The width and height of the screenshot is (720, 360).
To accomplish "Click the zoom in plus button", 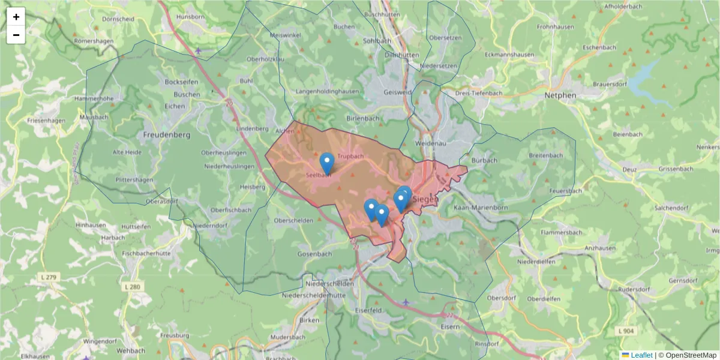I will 16,17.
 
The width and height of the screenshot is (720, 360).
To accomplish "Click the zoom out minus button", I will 16,35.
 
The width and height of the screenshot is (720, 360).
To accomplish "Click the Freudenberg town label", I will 167,135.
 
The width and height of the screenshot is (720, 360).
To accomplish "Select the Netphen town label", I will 560,95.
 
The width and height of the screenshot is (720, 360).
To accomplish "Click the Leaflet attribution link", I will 641,355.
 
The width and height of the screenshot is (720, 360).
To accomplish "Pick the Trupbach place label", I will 350,157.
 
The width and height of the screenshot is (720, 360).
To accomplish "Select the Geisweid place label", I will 397,93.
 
